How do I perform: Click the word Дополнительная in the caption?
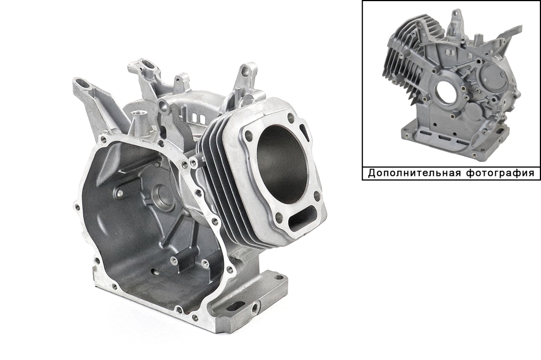pos(414,173)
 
